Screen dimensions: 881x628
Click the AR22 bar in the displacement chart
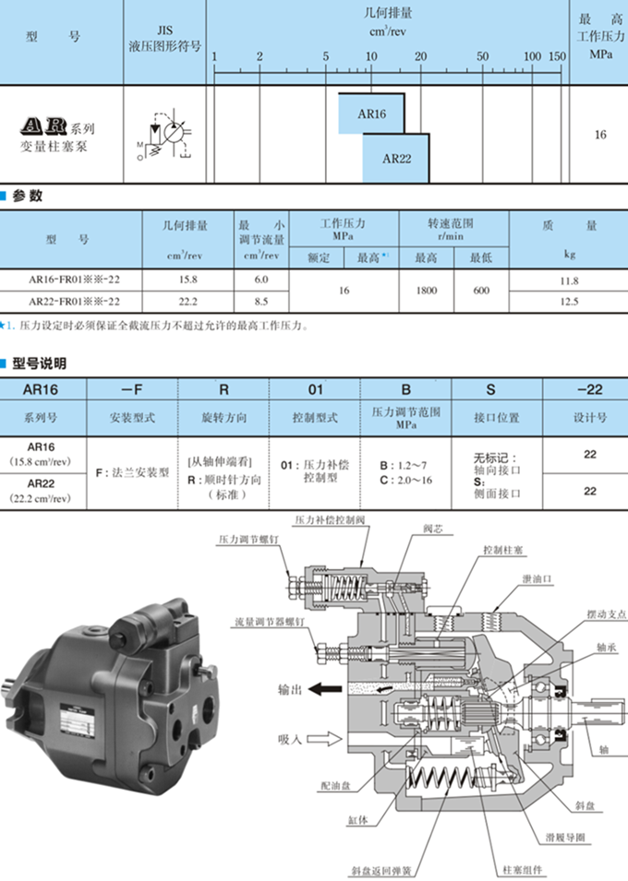coord(396,157)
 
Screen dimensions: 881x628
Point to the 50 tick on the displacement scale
coord(482,56)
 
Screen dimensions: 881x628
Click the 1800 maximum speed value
coord(426,290)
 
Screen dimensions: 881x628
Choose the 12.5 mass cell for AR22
coord(569,301)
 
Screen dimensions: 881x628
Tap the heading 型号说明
coord(39,363)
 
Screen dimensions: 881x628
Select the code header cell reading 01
coord(315,389)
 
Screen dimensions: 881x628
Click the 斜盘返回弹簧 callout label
coord(381,869)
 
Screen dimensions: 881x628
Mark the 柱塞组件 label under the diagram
coord(523,869)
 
